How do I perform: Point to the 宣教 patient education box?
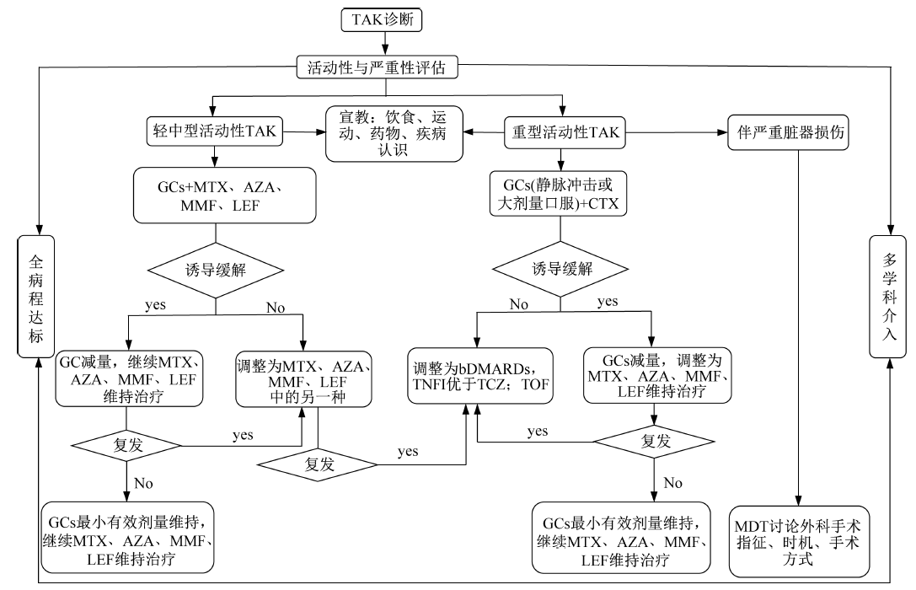coord(395,131)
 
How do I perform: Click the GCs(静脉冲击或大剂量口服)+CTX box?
coord(560,195)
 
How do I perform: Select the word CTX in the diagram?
coord(610,203)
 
